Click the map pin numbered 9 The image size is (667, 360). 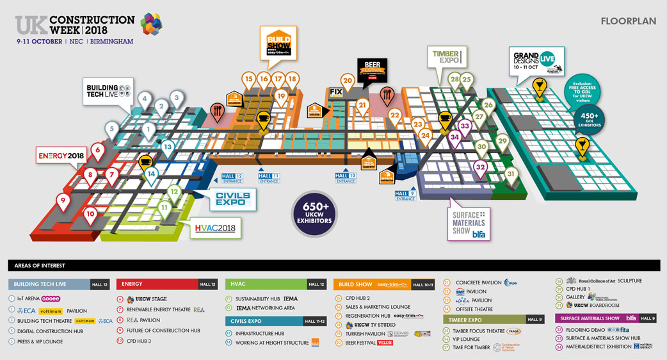point(62,200)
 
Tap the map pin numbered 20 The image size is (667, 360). point(348,81)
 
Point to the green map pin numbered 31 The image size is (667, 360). point(510,174)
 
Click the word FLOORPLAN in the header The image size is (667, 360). point(629,21)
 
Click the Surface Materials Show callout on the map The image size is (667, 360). point(470,224)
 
